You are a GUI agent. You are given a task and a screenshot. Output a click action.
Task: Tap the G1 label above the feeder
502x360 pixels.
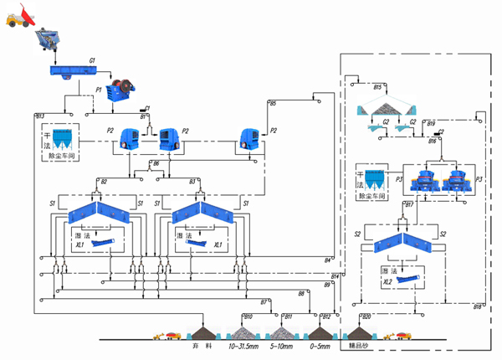tap(93, 62)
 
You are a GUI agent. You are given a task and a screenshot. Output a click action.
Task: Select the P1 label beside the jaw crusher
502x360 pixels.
tap(99, 87)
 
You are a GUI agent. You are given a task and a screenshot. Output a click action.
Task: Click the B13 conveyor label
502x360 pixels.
tap(39, 115)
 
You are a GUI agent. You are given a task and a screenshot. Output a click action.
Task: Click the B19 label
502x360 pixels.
tap(430, 124)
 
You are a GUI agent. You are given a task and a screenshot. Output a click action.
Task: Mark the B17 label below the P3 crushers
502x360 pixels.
tap(409, 204)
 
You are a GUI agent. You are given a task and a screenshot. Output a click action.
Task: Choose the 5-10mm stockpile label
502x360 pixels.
tap(284, 343)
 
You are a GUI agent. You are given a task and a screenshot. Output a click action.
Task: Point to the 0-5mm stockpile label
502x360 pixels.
tap(323, 343)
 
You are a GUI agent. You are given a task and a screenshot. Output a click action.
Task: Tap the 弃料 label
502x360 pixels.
tap(198, 343)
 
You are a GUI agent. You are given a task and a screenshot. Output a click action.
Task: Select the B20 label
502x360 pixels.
tap(366, 316)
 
